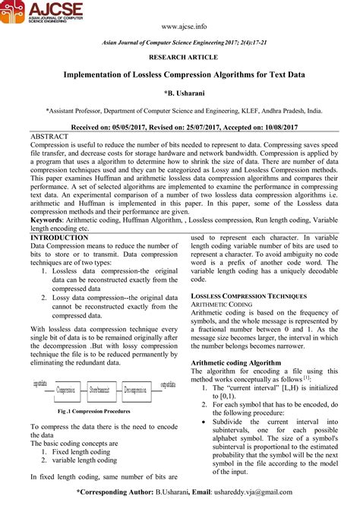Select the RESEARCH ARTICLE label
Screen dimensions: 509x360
[x=179, y=56]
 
